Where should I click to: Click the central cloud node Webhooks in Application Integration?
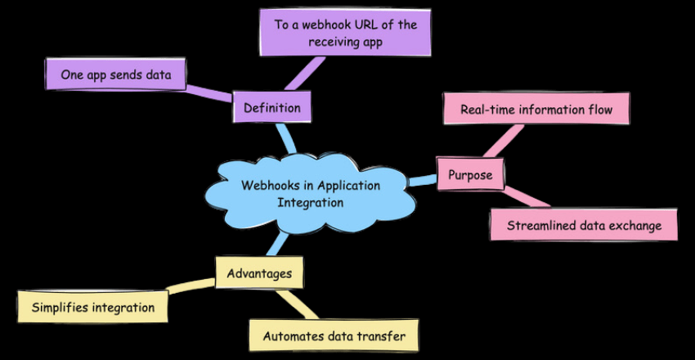pos(311,194)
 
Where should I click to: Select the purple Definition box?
pos(271,107)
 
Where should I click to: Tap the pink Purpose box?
pos(470,174)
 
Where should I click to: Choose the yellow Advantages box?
pos(259,273)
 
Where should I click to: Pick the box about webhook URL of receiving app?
pos(345,34)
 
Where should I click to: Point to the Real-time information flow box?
pos(536,109)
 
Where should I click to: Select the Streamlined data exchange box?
pos(584,225)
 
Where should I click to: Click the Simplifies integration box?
pos(92,308)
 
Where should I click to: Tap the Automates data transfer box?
pos(334,335)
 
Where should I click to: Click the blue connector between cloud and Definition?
pos(285,138)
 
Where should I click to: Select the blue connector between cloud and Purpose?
pos(422,179)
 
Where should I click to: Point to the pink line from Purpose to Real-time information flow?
pos(502,141)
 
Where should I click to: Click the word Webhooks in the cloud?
pos(267,185)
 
